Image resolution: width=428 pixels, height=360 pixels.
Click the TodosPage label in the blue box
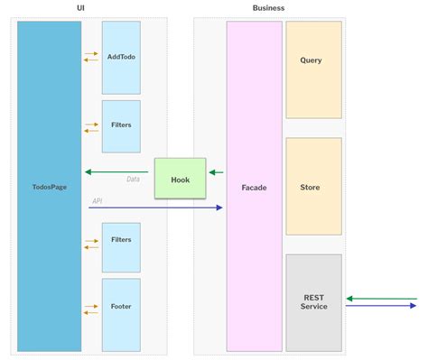[49, 187]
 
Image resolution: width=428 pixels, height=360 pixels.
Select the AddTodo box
[121, 57]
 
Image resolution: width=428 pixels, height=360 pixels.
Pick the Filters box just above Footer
[121, 240]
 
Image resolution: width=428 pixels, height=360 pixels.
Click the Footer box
[121, 307]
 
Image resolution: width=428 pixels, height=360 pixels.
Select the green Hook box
[180, 179]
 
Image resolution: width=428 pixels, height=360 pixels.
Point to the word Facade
[254, 188]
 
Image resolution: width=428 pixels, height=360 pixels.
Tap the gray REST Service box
[313, 302]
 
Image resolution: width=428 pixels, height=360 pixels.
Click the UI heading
[82, 8]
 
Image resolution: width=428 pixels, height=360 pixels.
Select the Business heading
[268, 8]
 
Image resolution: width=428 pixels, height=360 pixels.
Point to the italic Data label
[133, 179]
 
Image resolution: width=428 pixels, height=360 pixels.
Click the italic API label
[97, 201]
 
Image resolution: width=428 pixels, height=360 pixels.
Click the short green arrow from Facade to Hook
[216, 171]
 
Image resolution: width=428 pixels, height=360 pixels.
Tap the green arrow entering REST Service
[381, 298]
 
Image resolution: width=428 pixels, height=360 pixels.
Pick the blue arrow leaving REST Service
[381, 305]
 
